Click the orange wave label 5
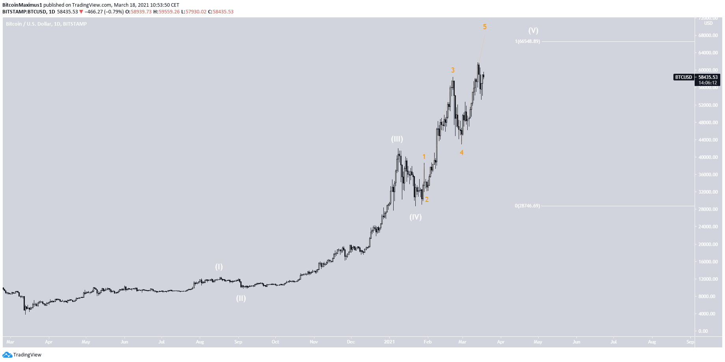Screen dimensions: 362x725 click(485, 27)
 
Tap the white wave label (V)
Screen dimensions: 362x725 click(533, 30)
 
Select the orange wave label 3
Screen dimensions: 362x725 click(453, 70)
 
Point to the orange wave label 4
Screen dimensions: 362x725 click(461, 153)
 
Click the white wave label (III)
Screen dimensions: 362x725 click(397, 139)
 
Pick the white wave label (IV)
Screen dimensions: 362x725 click(415, 217)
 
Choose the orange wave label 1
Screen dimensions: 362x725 click(424, 157)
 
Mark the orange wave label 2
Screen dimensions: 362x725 click(427, 200)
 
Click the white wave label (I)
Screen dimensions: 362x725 click(219, 267)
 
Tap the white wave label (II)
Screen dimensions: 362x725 click(241, 298)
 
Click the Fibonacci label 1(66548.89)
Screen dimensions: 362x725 click(527, 41)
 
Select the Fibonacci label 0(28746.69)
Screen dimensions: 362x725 click(527, 206)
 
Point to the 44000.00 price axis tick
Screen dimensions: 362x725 click(708, 140)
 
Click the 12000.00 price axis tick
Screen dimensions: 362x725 click(708, 279)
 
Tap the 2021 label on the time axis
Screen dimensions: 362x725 click(389, 342)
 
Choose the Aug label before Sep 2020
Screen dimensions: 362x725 click(200, 342)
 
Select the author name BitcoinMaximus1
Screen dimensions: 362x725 click(22, 5)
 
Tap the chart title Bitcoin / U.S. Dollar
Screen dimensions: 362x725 click(28, 24)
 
